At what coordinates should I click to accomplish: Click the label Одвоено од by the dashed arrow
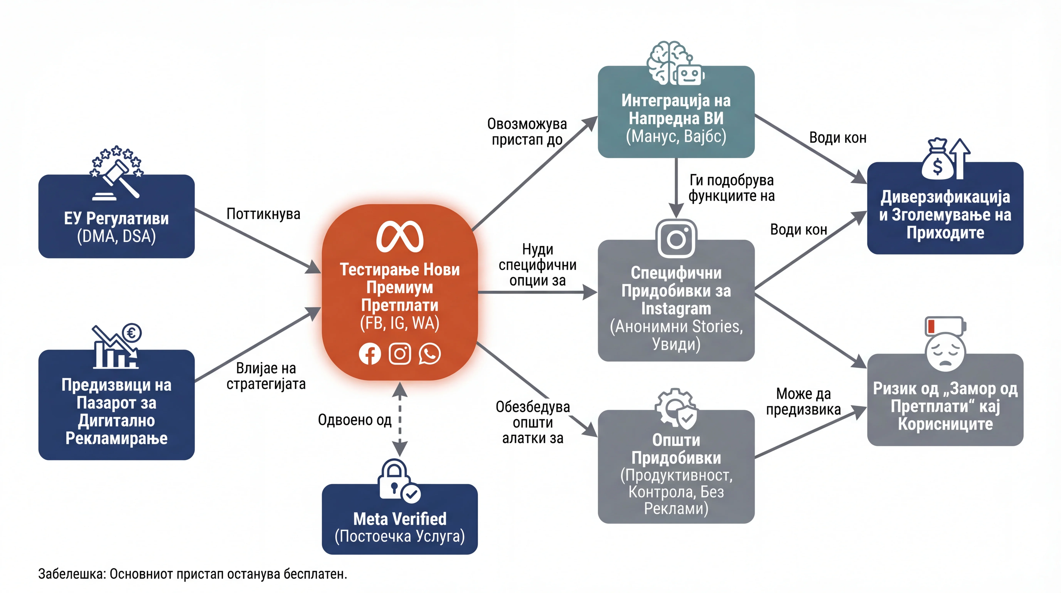pos(355,420)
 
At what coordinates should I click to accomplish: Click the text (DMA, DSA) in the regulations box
pos(117,236)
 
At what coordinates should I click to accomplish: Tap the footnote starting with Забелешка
pos(193,574)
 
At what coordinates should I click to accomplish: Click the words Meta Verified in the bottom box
pos(400,518)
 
